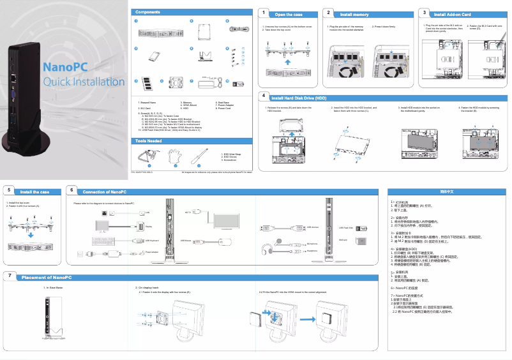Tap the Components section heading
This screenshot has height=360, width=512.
pyautogui.click(x=147, y=12)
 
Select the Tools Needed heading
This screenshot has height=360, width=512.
pyautogui.click(x=149, y=140)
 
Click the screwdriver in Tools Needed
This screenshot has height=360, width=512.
pyautogui.click(x=199, y=155)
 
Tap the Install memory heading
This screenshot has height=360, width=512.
pyautogui.click(x=354, y=13)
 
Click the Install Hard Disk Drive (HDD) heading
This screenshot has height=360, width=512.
pyautogui.click(x=299, y=98)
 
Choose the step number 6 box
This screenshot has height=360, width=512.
pyautogui.click(x=72, y=191)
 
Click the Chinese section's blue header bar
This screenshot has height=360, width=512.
pyautogui.click(x=447, y=191)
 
